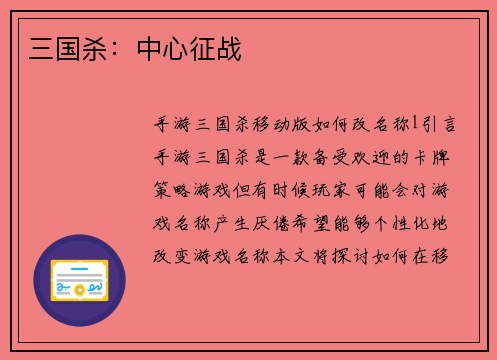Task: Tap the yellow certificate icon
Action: pos(80,282)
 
